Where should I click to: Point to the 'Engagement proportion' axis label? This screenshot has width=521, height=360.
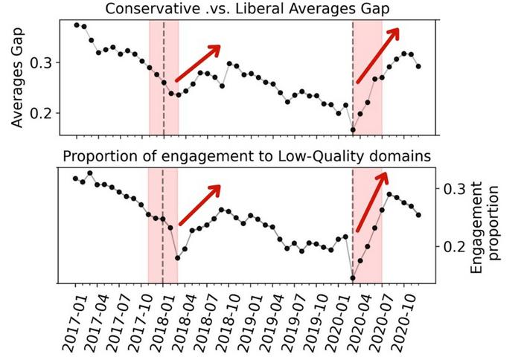pos(485,222)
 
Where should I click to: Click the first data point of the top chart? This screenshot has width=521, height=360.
pos(77,25)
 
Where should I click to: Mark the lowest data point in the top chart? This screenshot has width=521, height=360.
pos(353,130)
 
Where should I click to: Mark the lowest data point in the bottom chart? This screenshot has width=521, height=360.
pos(353,279)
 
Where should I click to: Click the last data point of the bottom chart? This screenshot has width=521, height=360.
pos(418,215)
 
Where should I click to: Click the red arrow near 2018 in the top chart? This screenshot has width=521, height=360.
pos(199,63)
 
